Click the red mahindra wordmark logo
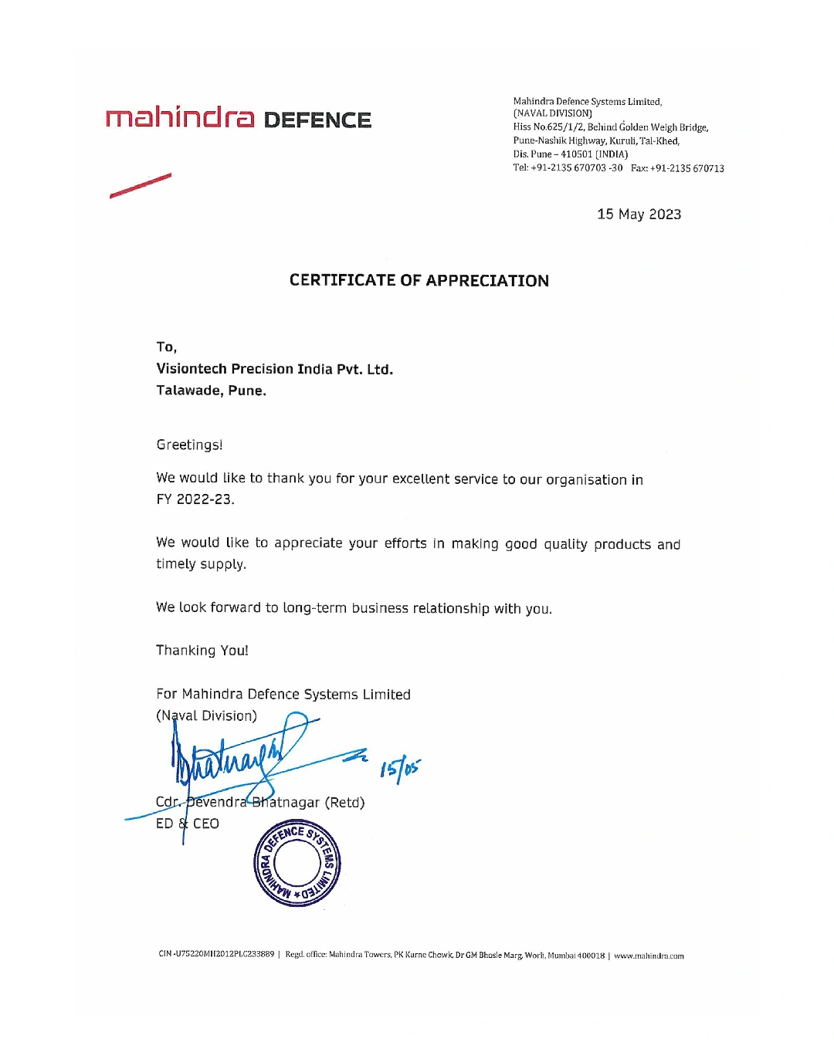coord(179,117)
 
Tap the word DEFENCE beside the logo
coord(317,120)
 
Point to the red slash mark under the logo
coord(141,186)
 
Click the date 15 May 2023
coord(639,215)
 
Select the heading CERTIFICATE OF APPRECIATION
coord(419,280)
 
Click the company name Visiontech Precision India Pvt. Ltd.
coord(274,369)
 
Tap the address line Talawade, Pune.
coord(211,391)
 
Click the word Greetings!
coord(189,445)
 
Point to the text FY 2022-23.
coord(195,499)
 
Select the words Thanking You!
coord(202,651)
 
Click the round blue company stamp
coord(297,864)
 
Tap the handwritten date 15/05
coord(400,769)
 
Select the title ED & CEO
coord(188,824)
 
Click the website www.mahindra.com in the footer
coord(649,956)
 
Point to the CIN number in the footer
coord(216,954)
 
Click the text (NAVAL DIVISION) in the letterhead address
coord(552,113)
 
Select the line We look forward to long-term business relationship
coord(354,608)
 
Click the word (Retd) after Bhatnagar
coord(344,803)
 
